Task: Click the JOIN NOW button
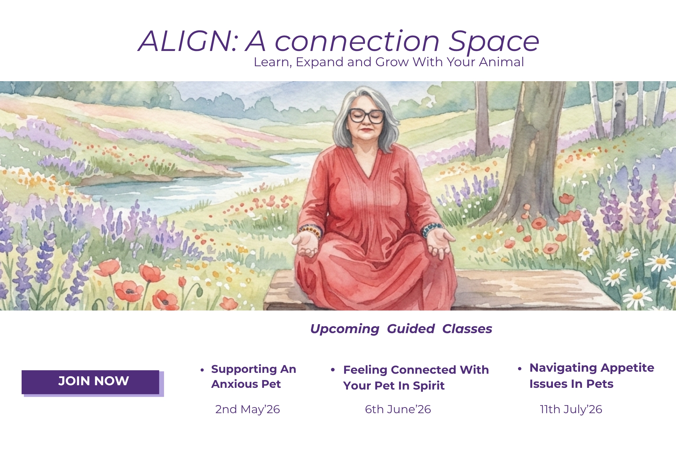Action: click(x=91, y=382)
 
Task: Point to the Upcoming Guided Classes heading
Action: click(x=401, y=329)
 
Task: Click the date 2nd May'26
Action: click(x=248, y=409)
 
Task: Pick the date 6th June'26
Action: click(x=398, y=409)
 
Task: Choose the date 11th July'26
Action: click(x=571, y=409)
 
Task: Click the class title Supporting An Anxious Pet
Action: click(x=254, y=376)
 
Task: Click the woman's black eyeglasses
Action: click(x=366, y=116)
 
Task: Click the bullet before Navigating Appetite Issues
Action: click(x=520, y=369)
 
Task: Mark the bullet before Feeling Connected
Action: click(x=333, y=370)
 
